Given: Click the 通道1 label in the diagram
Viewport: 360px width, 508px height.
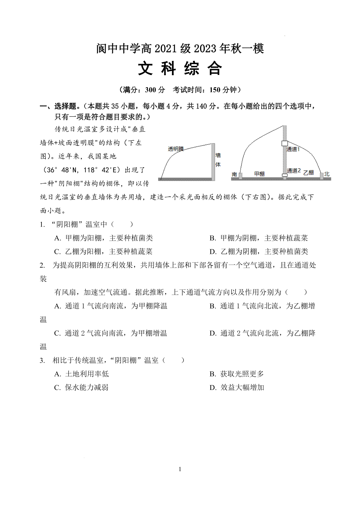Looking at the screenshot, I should point(293,149).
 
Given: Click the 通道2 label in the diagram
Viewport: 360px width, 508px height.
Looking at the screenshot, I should point(294,171).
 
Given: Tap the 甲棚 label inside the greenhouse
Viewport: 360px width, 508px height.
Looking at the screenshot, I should point(259,174).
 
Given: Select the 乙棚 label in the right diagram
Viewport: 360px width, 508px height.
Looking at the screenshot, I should point(308,173).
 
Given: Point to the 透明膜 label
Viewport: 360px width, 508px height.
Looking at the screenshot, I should point(176,149).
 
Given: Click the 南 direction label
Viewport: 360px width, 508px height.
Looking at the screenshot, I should point(234,174).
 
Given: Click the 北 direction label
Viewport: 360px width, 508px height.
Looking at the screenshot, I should point(327,174).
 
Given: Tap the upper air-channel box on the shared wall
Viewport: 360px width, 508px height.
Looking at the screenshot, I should point(284,143).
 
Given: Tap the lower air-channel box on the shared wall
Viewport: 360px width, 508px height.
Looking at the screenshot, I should point(284,175).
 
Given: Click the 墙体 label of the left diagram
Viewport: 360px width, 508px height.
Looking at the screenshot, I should point(218,159).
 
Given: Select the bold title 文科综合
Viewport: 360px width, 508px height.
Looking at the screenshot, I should point(180,69).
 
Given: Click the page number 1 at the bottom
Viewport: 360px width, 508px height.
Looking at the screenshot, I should point(180,469).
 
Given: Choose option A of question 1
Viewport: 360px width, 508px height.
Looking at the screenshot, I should point(103,238).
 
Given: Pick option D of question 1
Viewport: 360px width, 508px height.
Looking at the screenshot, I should point(259,251).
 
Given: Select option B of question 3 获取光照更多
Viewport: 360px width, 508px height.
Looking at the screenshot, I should point(237,374).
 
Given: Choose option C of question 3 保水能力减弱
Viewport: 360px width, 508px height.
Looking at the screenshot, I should point(81,388).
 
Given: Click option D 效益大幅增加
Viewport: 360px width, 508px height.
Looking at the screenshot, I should point(237,388).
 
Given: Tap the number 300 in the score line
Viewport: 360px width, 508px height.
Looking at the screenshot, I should point(151,90).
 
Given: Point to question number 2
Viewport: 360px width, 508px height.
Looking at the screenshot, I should point(42,265).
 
